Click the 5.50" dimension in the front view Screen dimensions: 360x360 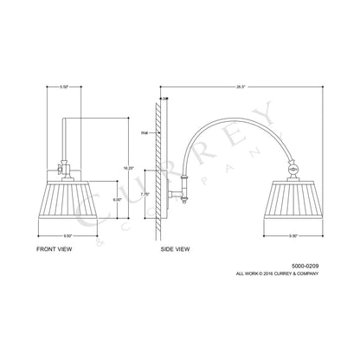[64, 87]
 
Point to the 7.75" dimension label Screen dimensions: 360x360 [145, 195]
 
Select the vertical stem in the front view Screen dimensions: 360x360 [64, 138]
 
